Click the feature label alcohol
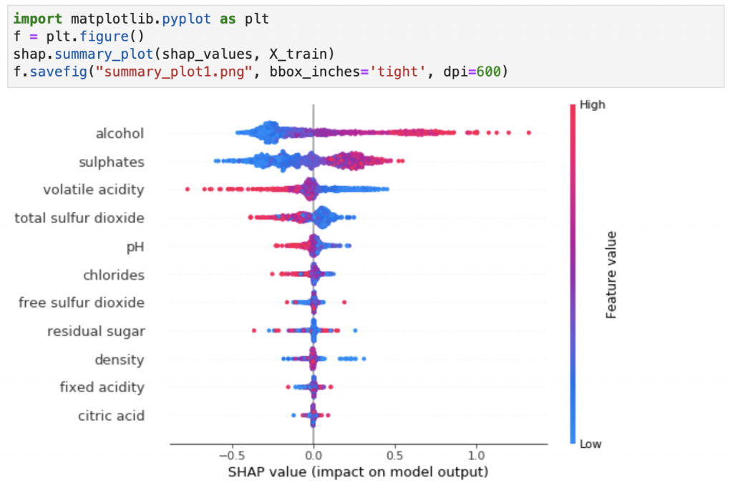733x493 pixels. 120,134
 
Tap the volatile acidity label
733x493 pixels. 93,190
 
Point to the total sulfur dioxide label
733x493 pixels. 79,218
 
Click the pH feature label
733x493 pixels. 135,247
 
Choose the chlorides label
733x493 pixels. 114,275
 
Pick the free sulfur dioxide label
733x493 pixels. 82,303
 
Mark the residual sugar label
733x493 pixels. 96,331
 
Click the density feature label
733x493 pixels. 120,359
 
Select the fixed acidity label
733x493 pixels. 102,387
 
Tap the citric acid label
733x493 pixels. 111,416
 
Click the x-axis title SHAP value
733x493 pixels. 358,472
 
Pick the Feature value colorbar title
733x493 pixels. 612,274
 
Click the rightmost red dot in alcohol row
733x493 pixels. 528,132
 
